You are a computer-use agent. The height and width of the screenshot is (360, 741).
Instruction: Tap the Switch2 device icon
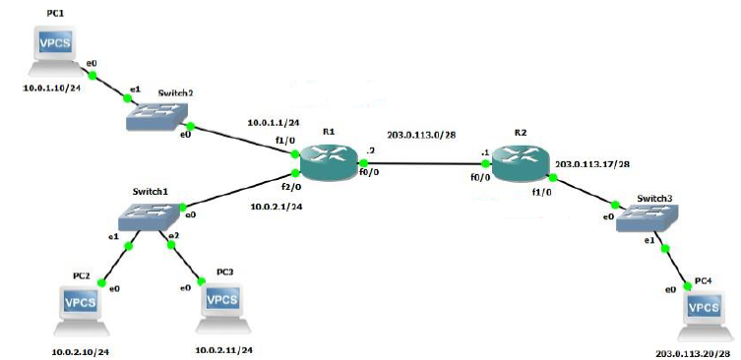[x=157, y=116]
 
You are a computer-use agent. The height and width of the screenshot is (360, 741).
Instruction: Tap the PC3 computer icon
[x=226, y=306]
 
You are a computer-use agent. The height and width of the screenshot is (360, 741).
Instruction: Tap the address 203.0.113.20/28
[x=697, y=352]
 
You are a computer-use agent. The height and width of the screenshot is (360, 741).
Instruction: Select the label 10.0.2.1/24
[x=278, y=208]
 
